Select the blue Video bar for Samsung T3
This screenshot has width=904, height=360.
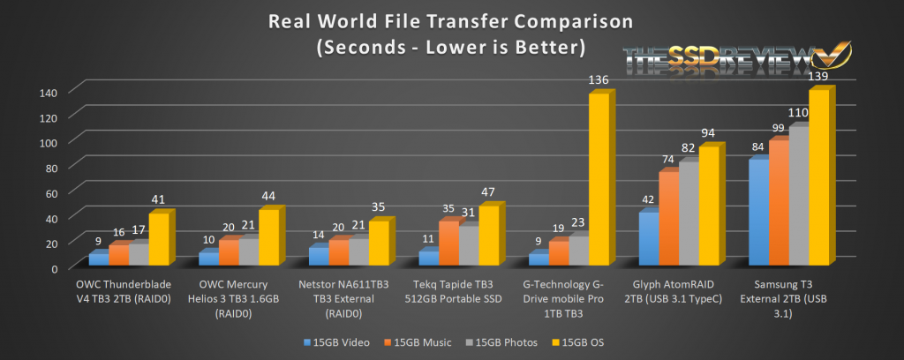coord(757,213)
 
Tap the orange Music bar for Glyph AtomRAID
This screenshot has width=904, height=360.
coord(668,218)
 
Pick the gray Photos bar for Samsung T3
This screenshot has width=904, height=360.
coord(798,196)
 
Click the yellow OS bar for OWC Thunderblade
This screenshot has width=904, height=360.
coord(158,239)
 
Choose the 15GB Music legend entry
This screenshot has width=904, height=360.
coord(418,341)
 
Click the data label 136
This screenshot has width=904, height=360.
coord(599,81)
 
